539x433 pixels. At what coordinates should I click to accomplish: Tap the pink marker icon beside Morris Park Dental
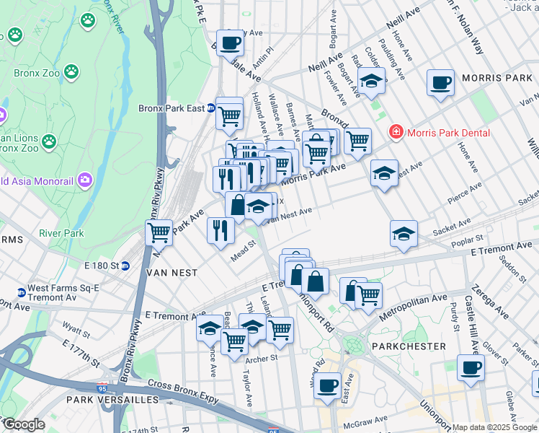tap(395, 132)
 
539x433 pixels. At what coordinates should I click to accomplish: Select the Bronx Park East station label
tap(171, 109)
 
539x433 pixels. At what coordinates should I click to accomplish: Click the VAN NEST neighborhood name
tap(168, 274)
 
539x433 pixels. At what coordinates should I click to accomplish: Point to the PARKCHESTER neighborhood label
tap(405, 346)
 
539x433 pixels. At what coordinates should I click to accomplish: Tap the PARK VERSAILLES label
tap(112, 399)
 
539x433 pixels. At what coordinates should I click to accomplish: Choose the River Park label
tap(62, 233)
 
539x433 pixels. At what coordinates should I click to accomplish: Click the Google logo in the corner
tap(23, 424)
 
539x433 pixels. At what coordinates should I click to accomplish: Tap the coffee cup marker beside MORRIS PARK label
tap(440, 82)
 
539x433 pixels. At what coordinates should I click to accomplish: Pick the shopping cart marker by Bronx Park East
tap(229, 113)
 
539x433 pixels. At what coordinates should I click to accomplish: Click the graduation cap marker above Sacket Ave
tap(404, 233)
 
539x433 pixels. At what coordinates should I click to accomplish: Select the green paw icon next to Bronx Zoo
tap(71, 71)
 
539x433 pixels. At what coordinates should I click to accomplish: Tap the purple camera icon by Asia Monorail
tap(85, 179)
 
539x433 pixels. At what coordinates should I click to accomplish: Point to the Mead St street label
tap(243, 254)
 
